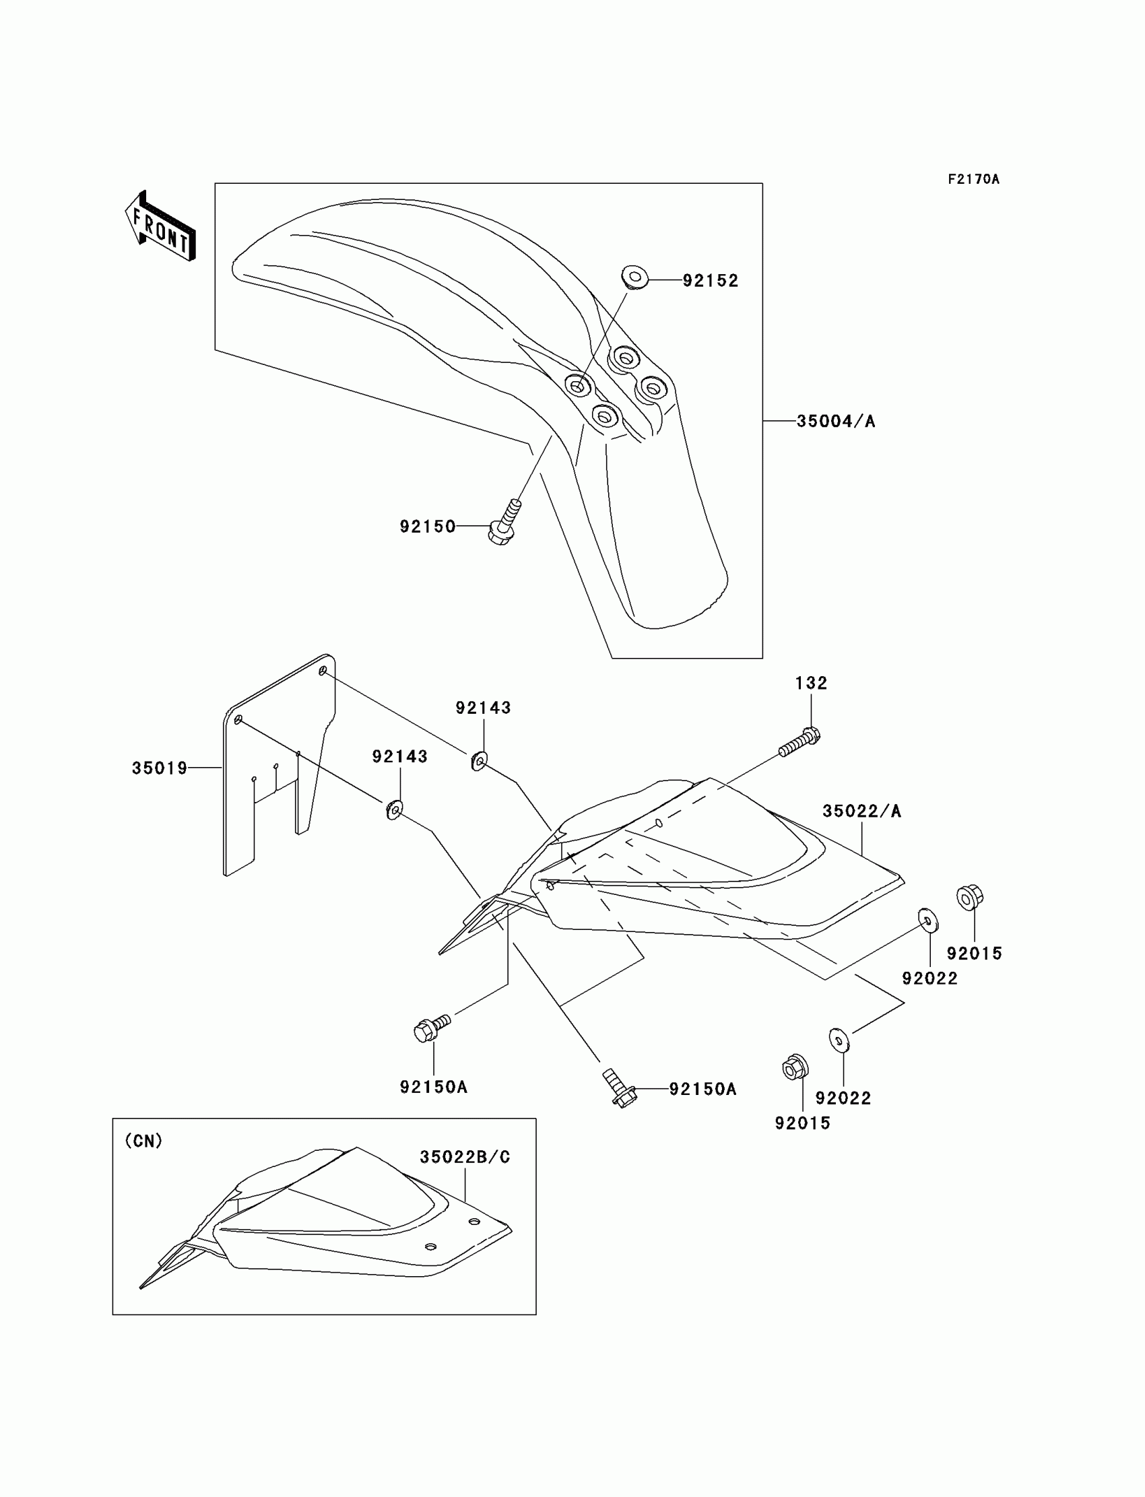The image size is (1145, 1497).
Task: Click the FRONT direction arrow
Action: (x=161, y=226)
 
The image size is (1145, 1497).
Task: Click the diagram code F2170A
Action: (x=973, y=179)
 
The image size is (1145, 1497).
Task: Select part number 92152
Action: (x=710, y=281)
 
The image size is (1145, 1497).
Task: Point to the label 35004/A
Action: (x=836, y=421)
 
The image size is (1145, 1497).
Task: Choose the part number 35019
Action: (x=160, y=768)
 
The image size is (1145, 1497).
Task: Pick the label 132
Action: (x=811, y=683)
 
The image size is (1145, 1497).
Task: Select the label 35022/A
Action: (x=861, y=811)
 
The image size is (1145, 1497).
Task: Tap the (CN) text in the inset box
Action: (x=144, y=1141)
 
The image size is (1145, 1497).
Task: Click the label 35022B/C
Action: (x=465, y=1157)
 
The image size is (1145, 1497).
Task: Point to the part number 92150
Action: (x=427, y=527)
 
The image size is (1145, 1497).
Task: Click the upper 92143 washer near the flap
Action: (x=479, y=760)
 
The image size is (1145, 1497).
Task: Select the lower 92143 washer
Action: (x=394, y=810)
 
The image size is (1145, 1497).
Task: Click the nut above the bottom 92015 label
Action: (x=794, y=1067)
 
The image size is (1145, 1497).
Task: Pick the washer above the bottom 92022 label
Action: (x=839, y=1040)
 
